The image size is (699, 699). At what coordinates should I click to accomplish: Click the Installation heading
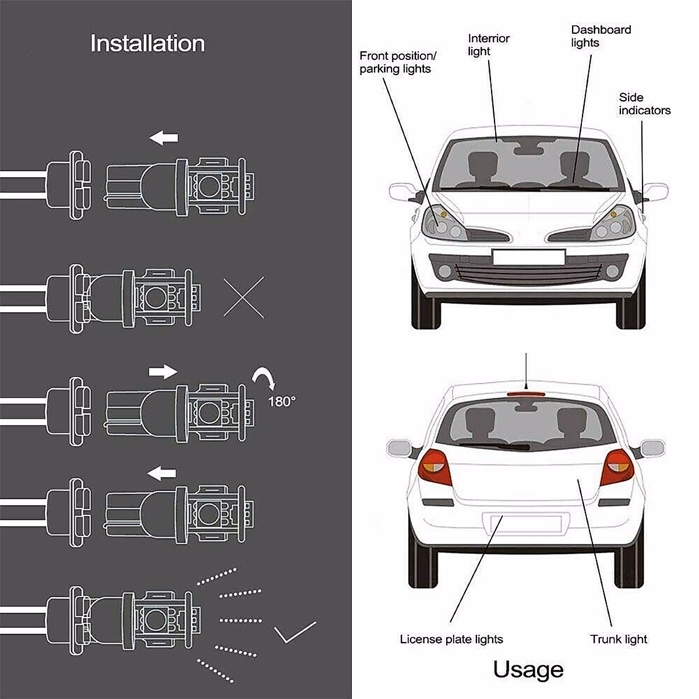[x=147, y=44]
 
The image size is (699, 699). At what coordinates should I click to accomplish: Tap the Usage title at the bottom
[x=528, y=669]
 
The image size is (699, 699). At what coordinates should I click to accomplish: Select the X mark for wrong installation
[x=243, y=298]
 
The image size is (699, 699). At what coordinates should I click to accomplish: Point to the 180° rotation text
[x=282, y=401]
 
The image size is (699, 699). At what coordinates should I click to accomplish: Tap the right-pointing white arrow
[x=163, y=371]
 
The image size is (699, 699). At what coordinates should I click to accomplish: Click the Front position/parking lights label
[x=397, y=62]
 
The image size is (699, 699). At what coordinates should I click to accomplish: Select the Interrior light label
[x=488, y=45]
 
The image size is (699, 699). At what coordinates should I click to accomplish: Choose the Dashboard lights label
[x=601, y=36]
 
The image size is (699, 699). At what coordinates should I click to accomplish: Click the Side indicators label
[x=644, y=104]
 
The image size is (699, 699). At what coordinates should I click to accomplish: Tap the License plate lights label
[x=451, y=639]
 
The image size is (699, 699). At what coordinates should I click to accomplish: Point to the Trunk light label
[x=618, y=639]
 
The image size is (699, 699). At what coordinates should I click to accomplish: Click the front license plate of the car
[x=528, y=257]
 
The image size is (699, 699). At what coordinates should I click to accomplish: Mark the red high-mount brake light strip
[x=527, y=395]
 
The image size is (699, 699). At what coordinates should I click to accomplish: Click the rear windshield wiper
[x=495, y=446]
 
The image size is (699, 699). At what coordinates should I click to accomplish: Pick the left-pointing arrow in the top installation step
[x=163, y=139]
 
